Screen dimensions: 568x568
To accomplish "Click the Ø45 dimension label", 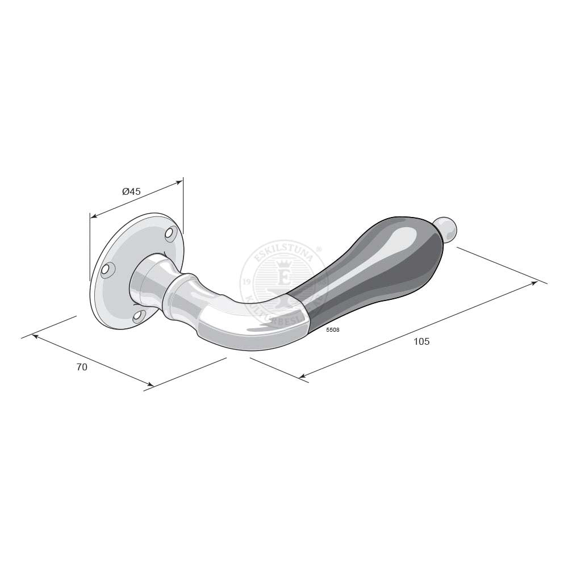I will (131, 192).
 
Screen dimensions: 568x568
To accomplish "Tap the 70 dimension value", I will (82, 367).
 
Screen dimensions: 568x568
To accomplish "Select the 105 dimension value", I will (421, 341).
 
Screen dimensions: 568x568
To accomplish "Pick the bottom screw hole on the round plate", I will (138, 316).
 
